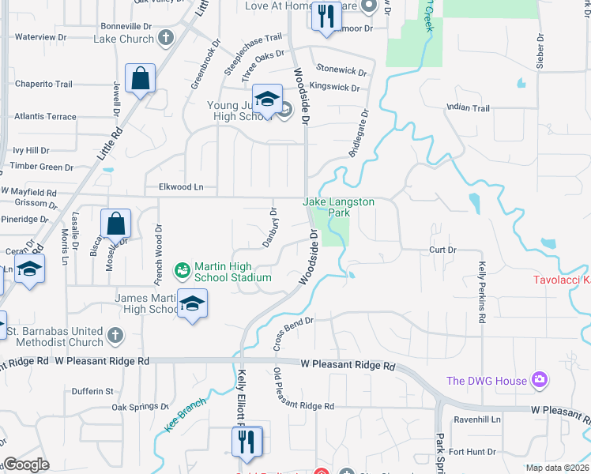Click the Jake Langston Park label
(x=339, y=207)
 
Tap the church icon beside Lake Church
(x=165, y=38)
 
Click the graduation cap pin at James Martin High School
(x=192, y=304)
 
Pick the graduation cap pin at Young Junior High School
(x=268, y=100)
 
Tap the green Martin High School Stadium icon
(x=183, y=271)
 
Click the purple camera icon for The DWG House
(x=540, y=381)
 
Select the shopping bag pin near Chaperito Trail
(x=140, y=79)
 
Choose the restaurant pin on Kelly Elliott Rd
(x=247, y=440)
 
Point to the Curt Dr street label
(x=442, y=250)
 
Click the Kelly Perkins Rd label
(x=481, y=292)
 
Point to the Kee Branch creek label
(x=185, y=414)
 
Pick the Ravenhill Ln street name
(x=476, y=420)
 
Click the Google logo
(x=26, y=465)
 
